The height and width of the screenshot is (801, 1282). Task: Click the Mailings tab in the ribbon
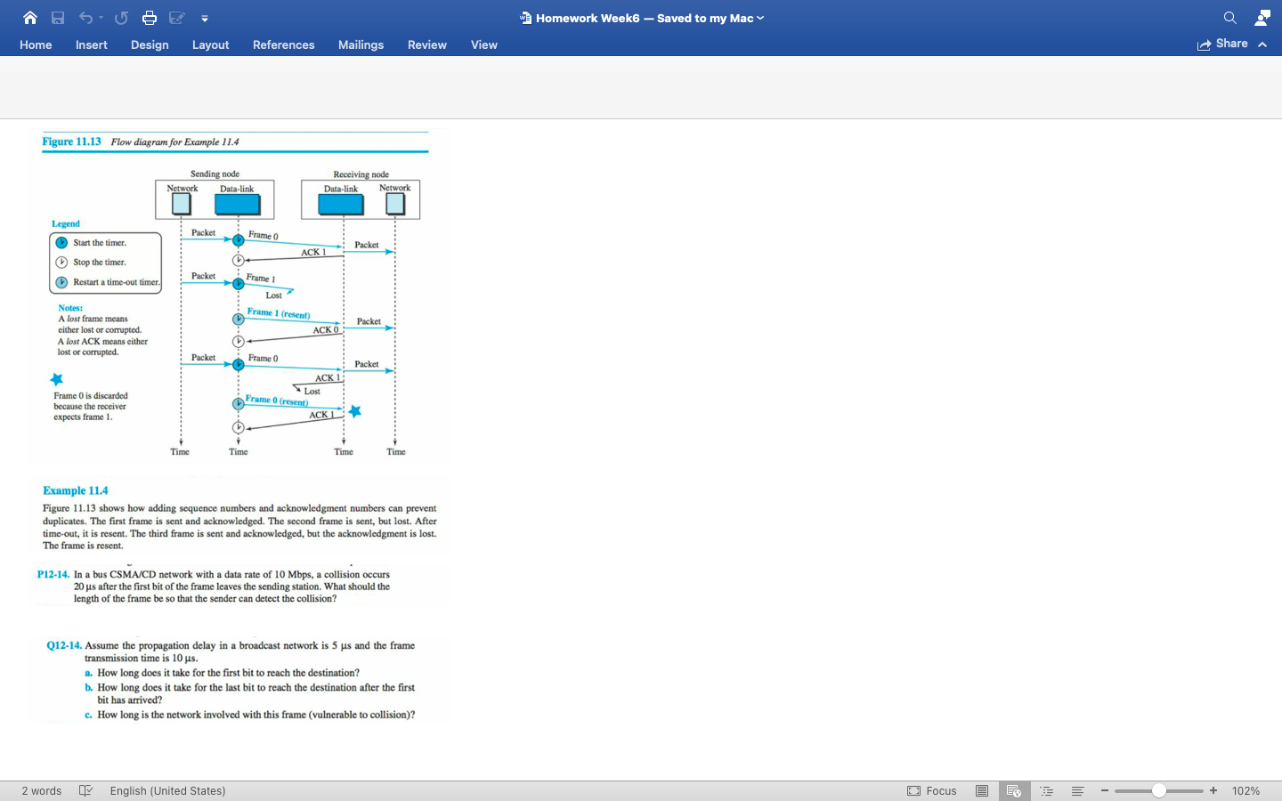click(x=361, y=44)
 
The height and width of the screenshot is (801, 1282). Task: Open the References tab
click(x=283, y=44)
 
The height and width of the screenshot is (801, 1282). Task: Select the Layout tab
click(x=210, y=44)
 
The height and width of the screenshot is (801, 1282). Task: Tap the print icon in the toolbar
click(x=149, y=18)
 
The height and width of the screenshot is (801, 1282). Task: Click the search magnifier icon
click(x=1229, y=18)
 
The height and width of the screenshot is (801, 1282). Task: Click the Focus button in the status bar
click(x=932, y=790)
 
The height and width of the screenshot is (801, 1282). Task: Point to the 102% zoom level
click(x=1245, y=790)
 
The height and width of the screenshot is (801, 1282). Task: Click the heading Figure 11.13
click(x=71, y=142)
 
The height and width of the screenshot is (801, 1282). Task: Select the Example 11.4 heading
click(x=76, y=490)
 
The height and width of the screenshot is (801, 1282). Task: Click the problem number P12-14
click(x=53, y=575)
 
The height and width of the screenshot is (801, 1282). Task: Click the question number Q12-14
click(x=64, y=646)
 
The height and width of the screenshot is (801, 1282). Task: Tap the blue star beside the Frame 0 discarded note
click(x=57, y=379)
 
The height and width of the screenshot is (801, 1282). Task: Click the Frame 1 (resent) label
click(x=279, y=313)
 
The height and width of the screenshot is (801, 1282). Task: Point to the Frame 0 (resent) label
click(x=277, y=400)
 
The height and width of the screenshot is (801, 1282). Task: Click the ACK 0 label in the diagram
click(x=325, y=330)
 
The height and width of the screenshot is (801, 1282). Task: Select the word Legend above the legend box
click(x=66, y=224)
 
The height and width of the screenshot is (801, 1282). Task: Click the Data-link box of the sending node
click(x=238, y=204)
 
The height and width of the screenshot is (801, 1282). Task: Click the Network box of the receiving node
click(x=395, y=204)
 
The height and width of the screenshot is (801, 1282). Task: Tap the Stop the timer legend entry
click(x=99, y=263)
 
